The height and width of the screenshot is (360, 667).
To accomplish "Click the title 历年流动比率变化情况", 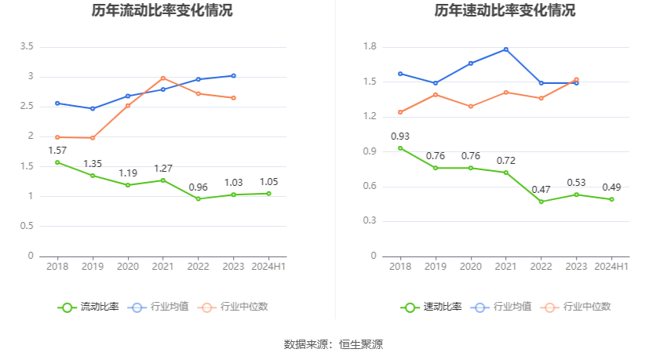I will click(162, 11).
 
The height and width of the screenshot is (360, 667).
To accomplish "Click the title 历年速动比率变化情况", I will click(505, 11).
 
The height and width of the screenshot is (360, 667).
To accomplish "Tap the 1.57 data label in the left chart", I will click(57, 150).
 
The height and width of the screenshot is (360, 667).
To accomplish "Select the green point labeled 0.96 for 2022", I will click(198, 198).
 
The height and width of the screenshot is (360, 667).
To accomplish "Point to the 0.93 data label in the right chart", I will click(400, 136).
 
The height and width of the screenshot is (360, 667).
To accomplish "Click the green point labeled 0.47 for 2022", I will click(541, 202).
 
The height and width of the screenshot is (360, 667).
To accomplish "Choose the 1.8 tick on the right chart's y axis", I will click(370, 47).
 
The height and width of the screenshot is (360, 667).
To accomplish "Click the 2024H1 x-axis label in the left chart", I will click(268, 267).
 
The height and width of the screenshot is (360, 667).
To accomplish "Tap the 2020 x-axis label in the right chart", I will click(471, 267).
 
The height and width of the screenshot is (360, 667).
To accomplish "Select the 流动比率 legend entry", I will click(89, 307).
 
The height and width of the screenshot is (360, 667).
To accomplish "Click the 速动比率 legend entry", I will click(432, 307).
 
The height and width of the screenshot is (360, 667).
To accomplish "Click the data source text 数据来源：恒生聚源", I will click(333, 344).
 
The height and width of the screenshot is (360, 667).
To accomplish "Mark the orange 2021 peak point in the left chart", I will click(163, 78).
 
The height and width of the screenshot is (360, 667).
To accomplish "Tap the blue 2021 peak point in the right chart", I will click(506, 49).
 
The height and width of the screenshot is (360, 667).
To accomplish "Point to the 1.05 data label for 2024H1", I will click(268, 181).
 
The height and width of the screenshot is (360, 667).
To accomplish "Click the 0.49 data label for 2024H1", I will click(612, 187).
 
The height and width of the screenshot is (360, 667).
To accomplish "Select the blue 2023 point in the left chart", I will click(233, 75).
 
